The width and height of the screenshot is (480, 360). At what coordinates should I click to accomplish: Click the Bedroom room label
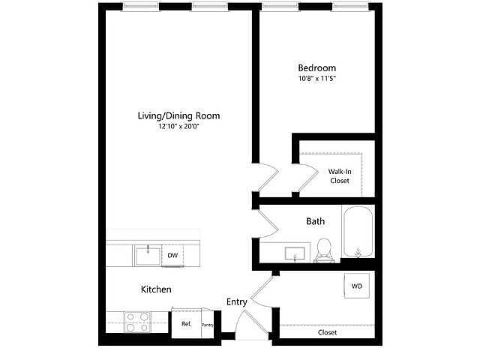point(316,68)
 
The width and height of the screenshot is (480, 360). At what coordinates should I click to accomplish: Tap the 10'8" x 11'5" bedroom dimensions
point(317,78)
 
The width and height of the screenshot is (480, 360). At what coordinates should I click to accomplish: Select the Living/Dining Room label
point(178,115)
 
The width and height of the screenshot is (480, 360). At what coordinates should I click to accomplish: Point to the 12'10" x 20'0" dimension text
point(178,126)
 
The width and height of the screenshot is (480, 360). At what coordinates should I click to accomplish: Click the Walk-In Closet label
point(340,176)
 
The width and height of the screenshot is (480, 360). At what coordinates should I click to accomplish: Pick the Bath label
point(315,221)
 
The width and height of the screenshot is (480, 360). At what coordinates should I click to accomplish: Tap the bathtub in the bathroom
point(358,232)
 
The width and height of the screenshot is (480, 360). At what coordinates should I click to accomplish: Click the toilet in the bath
point(324,250)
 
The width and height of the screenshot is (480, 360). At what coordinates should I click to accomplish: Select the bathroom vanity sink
point(295,253)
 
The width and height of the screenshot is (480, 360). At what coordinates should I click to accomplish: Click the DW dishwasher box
point(172,255)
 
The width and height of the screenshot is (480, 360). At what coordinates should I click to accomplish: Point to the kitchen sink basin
point(148,256)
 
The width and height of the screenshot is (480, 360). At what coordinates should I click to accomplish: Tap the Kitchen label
point(156,289)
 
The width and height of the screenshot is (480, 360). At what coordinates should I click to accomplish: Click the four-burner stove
point(137,322)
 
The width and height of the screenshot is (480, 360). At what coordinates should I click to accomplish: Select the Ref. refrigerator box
point(187,324)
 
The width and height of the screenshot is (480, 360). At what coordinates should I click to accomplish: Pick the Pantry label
point(208,325)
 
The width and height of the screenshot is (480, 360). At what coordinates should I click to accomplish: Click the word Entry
point(237,302)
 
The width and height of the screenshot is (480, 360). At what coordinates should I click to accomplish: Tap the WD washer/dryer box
point(357,286)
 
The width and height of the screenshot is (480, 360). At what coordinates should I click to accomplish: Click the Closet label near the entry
point(327,332)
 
